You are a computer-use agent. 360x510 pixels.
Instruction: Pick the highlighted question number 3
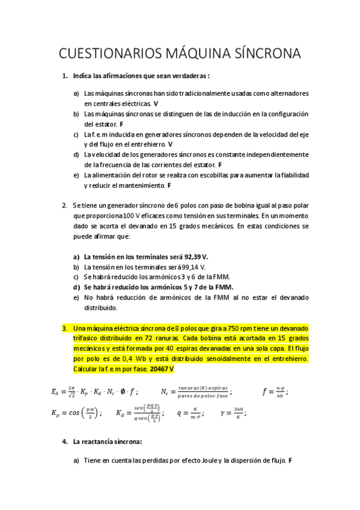click(64, 328)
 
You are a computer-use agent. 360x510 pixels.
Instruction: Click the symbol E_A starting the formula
click(56, 392)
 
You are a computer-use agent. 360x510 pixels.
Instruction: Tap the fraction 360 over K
click(239, 413)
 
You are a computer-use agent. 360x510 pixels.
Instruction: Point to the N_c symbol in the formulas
click(164, 392)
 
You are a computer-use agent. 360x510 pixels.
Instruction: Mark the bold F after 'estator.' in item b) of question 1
click(121, 124)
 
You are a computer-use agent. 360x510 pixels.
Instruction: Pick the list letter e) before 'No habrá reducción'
click(76, 297)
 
